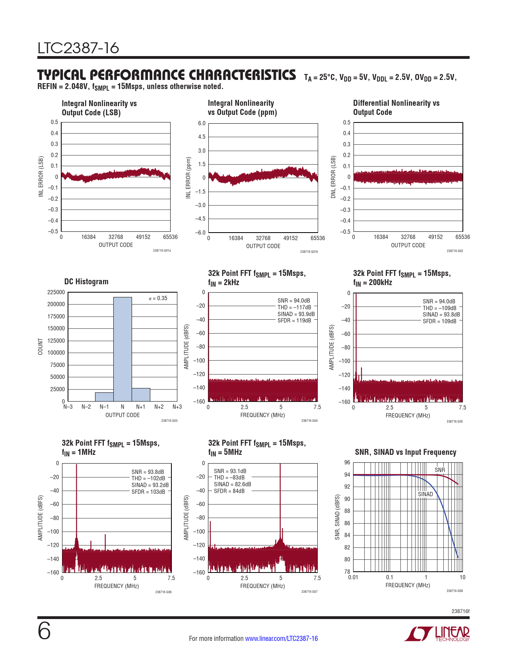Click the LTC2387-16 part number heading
(x=78, y=48)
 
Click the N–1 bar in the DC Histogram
(x=104, y=397)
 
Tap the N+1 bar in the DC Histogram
(x=141, y=394)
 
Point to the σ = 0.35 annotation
(x=158, y=298)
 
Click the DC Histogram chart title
(x=86, y=281)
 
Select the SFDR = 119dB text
(x=294, y=320)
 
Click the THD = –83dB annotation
(x=229, y=477)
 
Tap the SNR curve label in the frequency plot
(x=440, y=470)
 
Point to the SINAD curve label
(x=425, y=494)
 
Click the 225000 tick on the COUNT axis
(x=56, y=292)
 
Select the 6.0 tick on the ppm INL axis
(x=202, y=123)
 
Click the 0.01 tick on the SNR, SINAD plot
(x=353, y=577)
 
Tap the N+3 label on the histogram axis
(x=177, y=407)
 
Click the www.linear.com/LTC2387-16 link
(x=282, y=639)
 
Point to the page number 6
(x=44, y=631)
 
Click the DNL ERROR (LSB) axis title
(x=334, y=177)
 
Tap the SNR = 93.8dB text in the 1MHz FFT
(x=148, y=472)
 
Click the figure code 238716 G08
(x=455, y=591)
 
